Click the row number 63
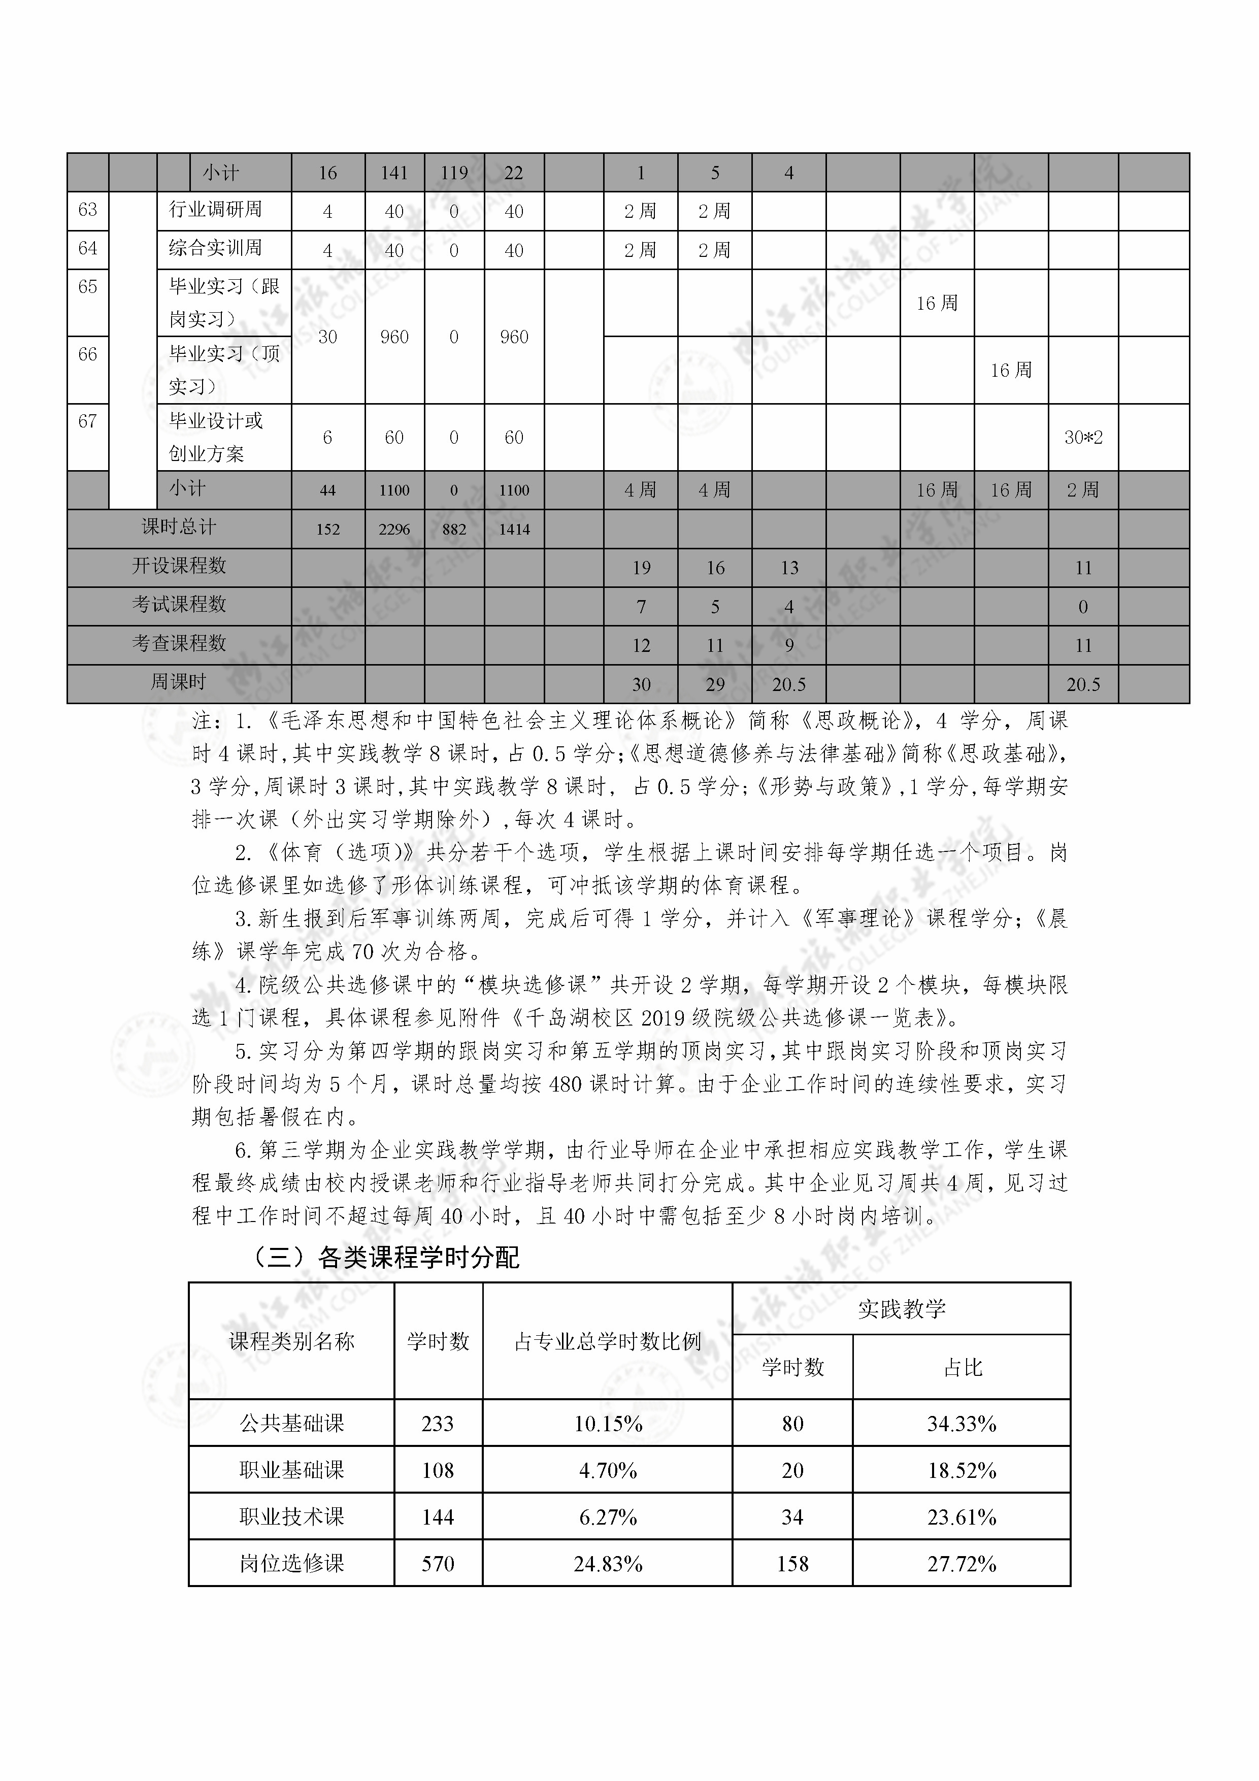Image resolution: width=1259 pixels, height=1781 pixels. tap(88, 210)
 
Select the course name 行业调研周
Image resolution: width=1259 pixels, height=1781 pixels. tap(216, 210)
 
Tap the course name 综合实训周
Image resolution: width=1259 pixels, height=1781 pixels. tap(216, 248)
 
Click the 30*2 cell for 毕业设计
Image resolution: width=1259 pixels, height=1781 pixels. tap(1083, 438)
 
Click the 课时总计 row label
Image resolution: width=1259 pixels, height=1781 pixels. tap(178, 527)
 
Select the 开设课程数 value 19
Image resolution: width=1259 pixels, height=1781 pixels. tap(641, 568)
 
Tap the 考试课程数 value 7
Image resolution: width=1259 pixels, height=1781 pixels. tap(641, 607)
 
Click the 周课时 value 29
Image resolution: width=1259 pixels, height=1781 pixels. tap(714, 684)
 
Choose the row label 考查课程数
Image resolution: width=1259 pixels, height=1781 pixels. tap(178, 644)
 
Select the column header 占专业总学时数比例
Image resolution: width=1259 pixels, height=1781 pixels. tap(607, 1341)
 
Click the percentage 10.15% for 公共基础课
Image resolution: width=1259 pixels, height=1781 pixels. tap(607, 1424)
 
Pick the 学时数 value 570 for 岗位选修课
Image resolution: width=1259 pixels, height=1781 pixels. tap(438, 1563)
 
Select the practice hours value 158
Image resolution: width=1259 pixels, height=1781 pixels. tap(792, 1563)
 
